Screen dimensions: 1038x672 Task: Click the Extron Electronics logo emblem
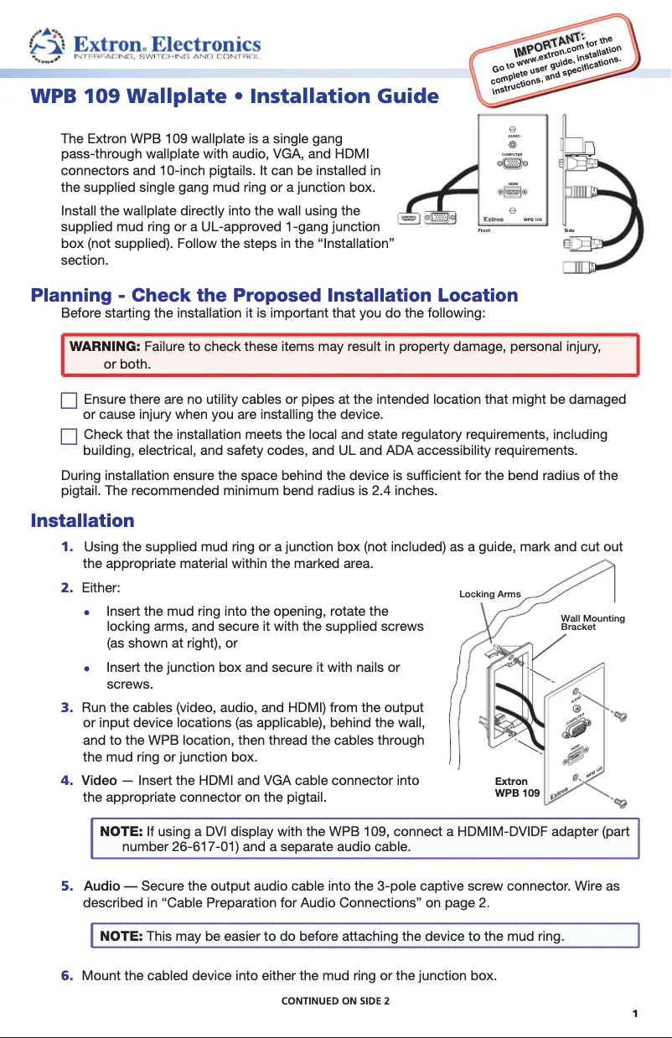[47, 45]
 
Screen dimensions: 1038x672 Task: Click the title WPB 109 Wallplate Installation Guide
[235, 96]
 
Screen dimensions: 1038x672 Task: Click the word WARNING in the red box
[105, 347]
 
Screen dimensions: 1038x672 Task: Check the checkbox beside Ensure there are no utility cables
[70, 400]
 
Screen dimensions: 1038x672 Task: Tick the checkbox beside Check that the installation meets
[70, 436]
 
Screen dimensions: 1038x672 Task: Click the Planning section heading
[274, 296]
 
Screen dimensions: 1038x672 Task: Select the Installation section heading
[82, 521]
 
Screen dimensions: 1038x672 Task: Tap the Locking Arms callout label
[490, 594]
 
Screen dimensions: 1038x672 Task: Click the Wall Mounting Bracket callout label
[592, 622]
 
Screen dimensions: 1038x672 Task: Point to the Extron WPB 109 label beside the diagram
[517, 787]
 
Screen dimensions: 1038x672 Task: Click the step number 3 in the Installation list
[66, 708]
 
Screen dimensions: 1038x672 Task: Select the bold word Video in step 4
[99, 781]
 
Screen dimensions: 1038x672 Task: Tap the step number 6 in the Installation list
[66, 975]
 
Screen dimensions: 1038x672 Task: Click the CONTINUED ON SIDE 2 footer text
[335, 1001]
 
